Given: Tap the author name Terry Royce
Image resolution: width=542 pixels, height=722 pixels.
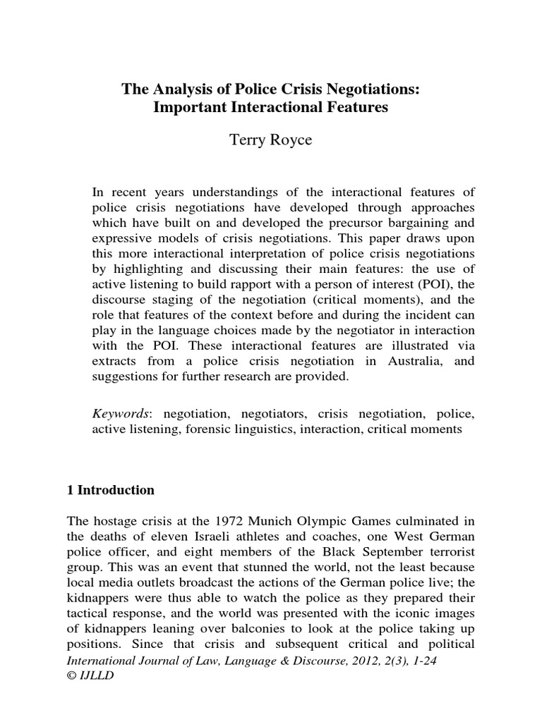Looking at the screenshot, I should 270,139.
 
